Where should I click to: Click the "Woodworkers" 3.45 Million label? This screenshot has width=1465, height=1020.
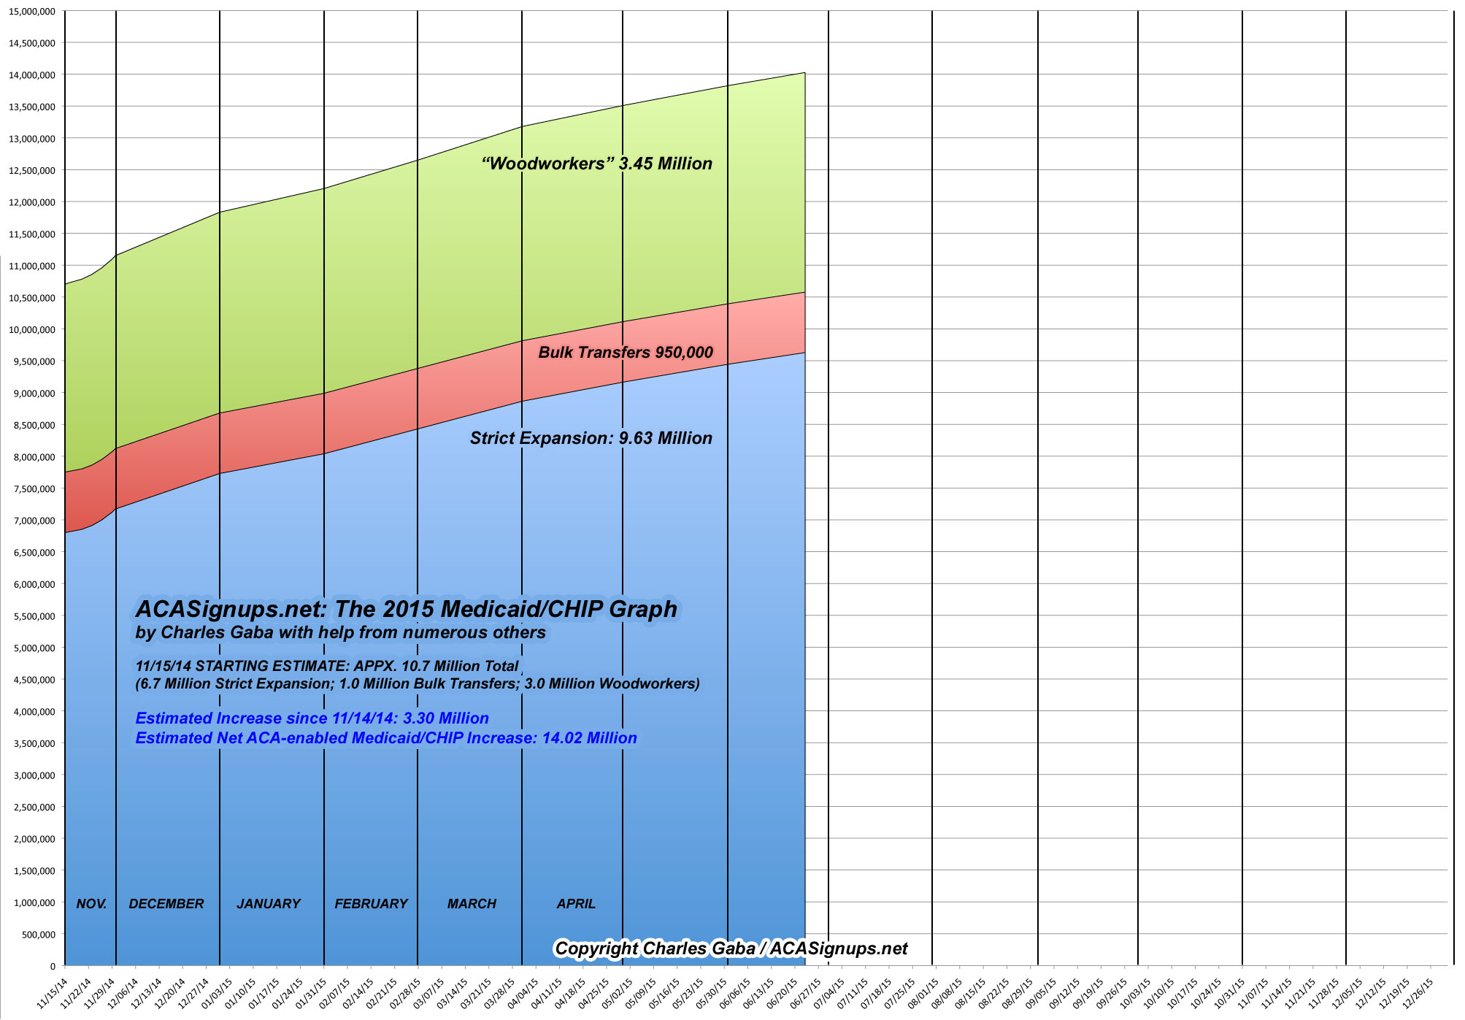click(x=596, y=164)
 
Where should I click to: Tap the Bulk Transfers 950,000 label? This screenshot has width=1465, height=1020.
click(x=625, y=353)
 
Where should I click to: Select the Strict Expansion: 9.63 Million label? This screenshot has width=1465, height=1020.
click(x=591, y=438)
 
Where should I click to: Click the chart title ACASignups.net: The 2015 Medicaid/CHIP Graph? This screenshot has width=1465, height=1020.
click(x=406, y=610)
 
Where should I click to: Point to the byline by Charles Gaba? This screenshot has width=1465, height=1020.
click(x=340, y=633)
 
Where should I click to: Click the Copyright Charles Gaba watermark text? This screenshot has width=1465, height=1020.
click(x=731, y=948)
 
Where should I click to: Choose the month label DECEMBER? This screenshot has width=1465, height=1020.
click(x=166, y=904)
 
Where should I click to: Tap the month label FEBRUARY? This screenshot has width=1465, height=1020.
click(x=371, y=904)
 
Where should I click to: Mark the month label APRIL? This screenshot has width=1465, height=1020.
click(x=576, y=904)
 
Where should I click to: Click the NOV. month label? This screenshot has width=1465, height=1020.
click(x=91, y=904)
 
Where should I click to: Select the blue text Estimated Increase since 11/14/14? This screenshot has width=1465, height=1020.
click(x=312, y=718)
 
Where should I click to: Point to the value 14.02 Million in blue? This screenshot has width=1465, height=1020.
click(x=589, y=738)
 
